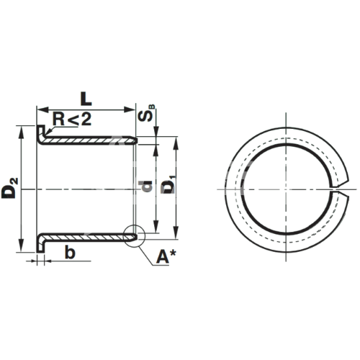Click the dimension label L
[x=86, y=99]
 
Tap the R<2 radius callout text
[x=72, y=120]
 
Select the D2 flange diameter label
[x=10, y=188]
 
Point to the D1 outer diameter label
[x=170, y=184]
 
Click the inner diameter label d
[x=145, y=186]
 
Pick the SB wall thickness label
[x=147, y=113]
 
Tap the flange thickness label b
[x=70, y=253]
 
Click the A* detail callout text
[x=166, y=257]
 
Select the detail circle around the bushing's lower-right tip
[x=135, y=236]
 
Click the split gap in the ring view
[x=340, y=189]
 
